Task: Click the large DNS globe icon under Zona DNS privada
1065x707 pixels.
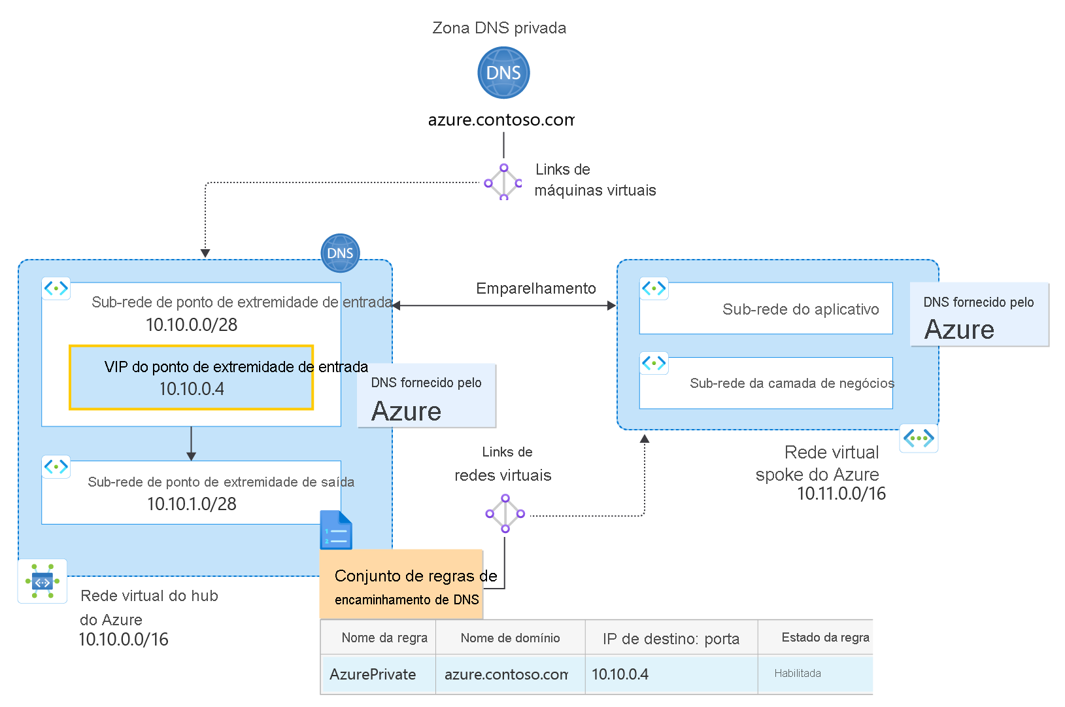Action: click(x=503, y=73)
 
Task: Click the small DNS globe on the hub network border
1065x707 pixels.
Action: click(x=340, y=253)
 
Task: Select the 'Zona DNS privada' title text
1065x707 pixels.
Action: click(x=499, y=28)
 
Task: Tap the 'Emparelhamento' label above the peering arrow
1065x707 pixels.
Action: click(x=535, y=288)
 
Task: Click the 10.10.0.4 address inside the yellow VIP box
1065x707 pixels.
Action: click(x=192, y=389)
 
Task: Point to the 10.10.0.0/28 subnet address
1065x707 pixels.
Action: click(x=192, y=325)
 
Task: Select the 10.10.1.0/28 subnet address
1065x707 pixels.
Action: click(x=192, y=504)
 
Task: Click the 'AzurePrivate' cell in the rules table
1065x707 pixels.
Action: click(x=373, y=674)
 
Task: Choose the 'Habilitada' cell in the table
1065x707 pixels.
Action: click(x=798, y=674)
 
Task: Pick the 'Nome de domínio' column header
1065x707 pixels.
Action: click(x=510, y=638)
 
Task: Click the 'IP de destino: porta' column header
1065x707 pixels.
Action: click(x=671, y=639)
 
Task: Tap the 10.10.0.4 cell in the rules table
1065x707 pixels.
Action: click(x=620, y=674)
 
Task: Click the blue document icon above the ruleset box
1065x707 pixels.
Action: click(x=336, y=530)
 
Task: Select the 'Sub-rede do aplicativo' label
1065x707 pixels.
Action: click(x=800, y=309)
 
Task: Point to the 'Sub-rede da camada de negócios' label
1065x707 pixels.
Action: click(x=791, y=383)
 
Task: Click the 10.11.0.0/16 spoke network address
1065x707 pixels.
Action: click(x=841, y=494)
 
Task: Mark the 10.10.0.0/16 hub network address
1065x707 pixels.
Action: click(x=124, y=640)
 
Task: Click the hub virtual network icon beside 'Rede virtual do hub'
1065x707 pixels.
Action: click(x=42, y=581)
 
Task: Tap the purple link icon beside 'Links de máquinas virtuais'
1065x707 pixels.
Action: click(x=503, y=182)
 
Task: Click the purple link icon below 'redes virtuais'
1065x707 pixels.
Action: click(x=505, y=513)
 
